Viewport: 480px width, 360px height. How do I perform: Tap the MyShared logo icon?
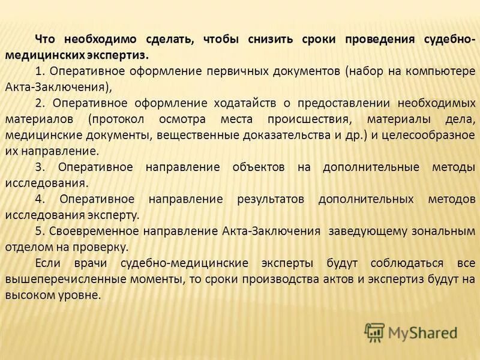(375, 332)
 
